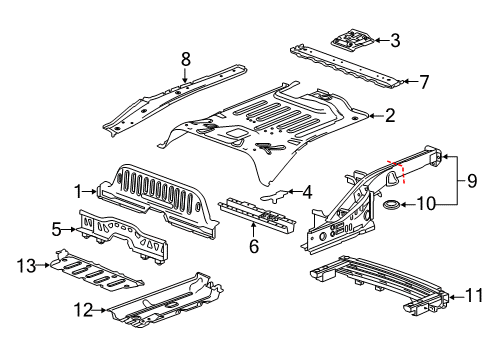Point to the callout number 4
[308, 191]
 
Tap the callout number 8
[184, 60]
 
